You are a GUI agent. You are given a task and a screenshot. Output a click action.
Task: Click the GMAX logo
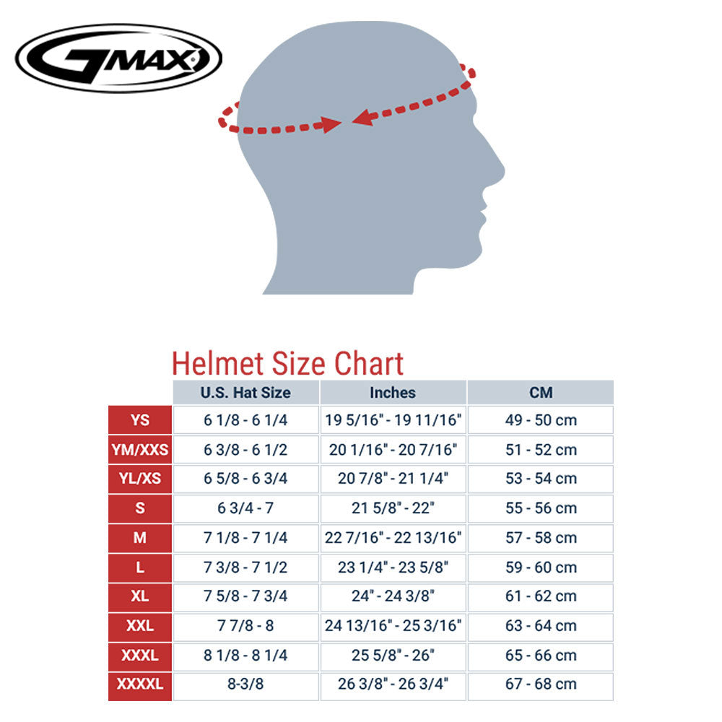coord(118,58)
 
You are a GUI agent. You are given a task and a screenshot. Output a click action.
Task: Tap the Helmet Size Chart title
coord(287,363)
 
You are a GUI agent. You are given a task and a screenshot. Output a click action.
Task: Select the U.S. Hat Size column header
coord(245,393)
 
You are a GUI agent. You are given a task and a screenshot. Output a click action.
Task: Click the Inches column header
coord(393,393)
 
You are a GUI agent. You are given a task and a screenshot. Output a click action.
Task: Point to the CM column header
coord(541,393)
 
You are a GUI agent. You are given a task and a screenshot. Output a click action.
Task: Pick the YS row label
coord(140,419)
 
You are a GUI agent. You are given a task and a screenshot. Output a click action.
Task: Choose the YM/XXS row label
coord(140,449)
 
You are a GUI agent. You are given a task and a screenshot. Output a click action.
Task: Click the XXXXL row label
coord(140,684)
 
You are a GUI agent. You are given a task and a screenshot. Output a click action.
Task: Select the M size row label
coord(140,537)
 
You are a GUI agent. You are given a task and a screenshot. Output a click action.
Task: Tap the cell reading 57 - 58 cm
coord(541,538)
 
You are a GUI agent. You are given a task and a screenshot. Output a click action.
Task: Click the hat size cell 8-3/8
coord(245,684)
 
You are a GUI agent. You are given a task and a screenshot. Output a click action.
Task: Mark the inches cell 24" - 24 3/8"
coord(393,596)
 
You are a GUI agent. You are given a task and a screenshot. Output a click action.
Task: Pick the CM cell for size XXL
coord(541,626)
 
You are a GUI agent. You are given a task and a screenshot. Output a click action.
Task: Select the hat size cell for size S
coord(245,508)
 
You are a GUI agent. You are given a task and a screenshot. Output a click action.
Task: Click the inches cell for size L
coord(393,567)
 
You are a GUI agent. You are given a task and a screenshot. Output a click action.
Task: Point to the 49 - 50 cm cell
coord(541,420)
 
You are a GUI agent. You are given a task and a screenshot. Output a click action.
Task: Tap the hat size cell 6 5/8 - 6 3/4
coord(245,479)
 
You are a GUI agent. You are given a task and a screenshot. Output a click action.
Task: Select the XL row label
coord(140,596)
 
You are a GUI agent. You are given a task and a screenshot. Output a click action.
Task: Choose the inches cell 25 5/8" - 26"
coord(393,656)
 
